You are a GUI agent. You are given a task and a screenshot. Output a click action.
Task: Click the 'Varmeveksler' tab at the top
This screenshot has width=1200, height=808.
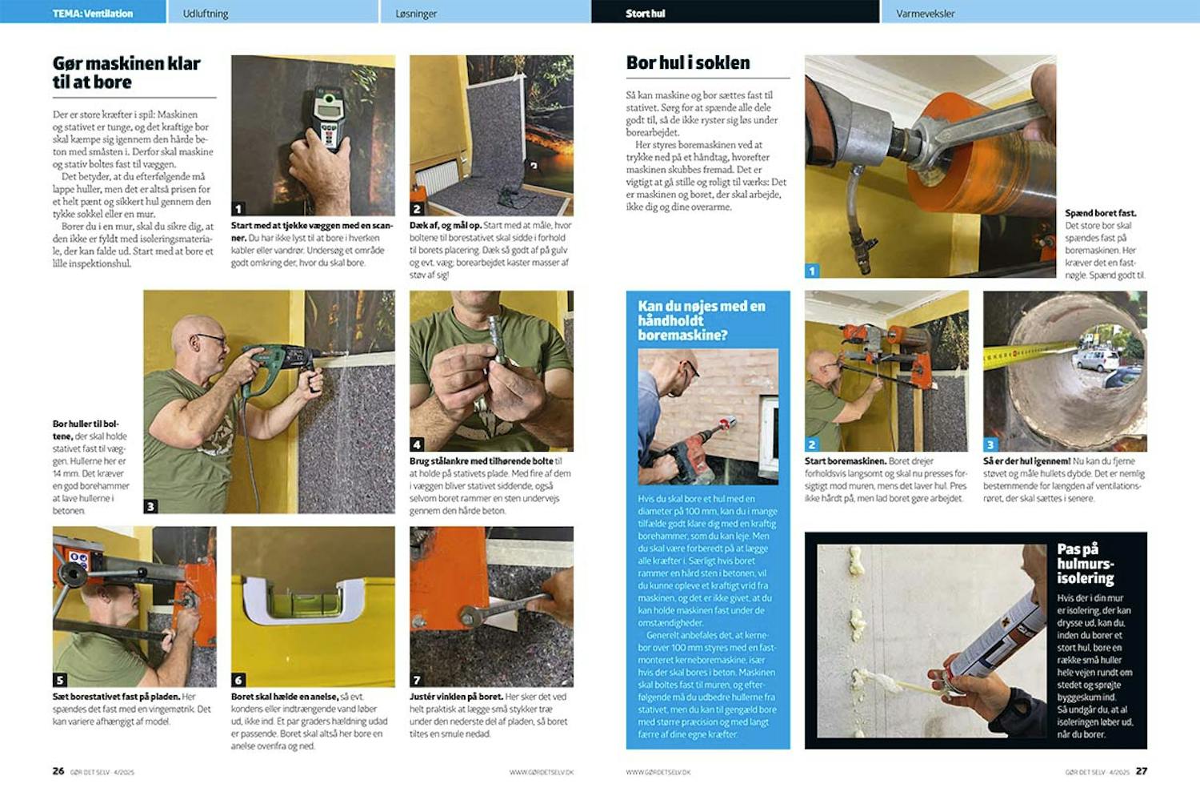pos(925,14)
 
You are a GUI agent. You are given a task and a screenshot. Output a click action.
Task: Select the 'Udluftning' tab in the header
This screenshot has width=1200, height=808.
pos(206,14)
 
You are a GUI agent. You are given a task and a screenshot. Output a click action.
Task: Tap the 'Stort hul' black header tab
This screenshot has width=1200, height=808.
pos(646,14)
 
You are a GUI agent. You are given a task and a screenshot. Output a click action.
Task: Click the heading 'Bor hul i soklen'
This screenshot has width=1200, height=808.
pos(688,62)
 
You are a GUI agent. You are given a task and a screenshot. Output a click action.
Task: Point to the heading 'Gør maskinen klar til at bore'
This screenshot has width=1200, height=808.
pos(126,73)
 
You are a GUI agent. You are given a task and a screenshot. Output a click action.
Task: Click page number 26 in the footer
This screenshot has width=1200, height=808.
pos(58,771)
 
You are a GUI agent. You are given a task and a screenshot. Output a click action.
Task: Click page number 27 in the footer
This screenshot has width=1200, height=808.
pos(1141,771)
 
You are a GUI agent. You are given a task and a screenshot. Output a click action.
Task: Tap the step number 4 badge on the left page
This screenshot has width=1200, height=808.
pos(417,444)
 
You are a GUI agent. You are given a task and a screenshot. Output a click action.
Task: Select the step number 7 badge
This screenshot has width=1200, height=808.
pos(417,680)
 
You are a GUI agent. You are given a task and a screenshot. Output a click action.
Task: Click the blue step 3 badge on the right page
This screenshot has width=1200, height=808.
pos(990,444)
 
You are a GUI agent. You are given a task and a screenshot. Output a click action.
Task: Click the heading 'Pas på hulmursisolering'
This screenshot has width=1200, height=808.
pos(1086,564)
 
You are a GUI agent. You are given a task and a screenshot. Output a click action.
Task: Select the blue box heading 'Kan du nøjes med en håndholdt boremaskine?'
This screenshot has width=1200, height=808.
pos(702,320)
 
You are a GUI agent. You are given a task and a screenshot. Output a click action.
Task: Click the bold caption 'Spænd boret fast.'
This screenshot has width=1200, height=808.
pos(1100,213)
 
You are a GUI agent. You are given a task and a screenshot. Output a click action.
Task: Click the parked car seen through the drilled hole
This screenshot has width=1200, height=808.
pos(1097,360)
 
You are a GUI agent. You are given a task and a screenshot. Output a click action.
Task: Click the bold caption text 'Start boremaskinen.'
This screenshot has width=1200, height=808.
pos(845,461)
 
